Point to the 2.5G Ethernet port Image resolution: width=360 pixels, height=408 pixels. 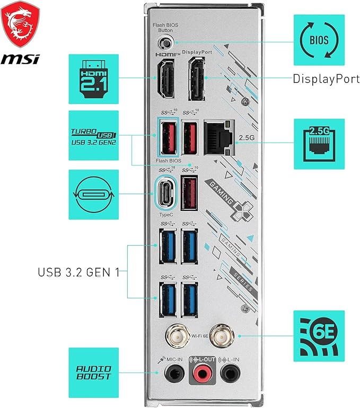point(219,137)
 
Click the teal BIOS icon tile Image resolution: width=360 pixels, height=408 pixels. point(319,40)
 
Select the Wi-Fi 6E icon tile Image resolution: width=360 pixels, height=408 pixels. point(319,335)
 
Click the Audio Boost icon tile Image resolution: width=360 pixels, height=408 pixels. point(93,372)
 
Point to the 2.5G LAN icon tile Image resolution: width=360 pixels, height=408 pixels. point(319,144)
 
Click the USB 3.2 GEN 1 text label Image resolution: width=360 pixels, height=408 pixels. point(78,272)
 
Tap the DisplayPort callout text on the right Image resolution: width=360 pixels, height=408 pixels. point(326,79)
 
